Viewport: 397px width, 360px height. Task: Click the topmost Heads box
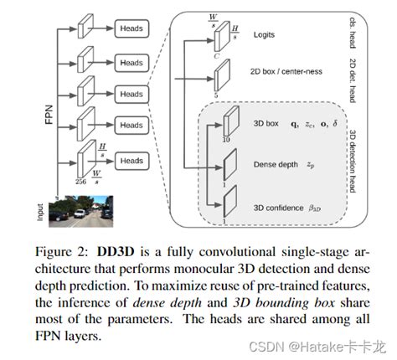tap(131, 28)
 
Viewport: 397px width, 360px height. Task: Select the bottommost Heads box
tap(131, 158)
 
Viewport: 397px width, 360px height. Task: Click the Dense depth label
tap(276, 164)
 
